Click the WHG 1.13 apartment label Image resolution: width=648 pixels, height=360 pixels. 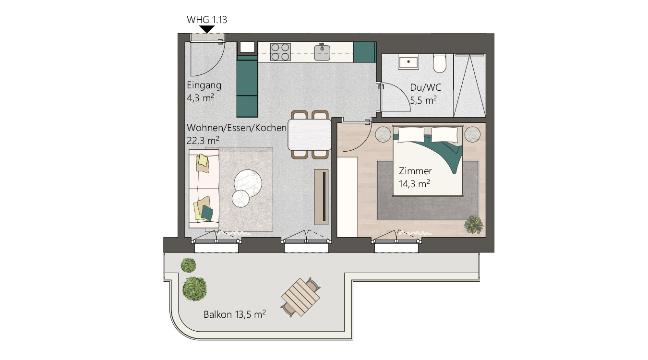207,20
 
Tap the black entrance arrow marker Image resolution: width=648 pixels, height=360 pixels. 207,29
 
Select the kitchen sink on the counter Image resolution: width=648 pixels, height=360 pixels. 322,52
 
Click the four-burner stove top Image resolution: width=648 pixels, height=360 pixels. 280,52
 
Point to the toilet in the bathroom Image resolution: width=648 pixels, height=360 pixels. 440,63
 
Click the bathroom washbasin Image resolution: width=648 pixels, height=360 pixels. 408,63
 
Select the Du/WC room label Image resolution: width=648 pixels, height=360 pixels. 426,87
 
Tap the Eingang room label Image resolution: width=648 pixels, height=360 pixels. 204,85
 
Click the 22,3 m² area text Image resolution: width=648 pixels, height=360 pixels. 203,141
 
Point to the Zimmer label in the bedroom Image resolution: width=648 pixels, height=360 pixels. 415,171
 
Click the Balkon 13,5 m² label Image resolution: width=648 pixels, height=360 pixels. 235,314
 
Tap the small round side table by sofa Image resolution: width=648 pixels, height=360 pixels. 240,199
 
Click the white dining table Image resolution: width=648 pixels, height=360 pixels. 310,134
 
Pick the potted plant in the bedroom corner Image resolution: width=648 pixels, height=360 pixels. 474,224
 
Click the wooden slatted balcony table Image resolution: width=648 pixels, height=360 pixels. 301,297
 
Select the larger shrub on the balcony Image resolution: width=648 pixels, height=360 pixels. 195,288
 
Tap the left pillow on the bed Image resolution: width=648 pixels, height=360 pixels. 411,135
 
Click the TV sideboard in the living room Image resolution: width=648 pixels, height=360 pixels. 321,197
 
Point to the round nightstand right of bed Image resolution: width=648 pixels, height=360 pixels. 472,134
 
